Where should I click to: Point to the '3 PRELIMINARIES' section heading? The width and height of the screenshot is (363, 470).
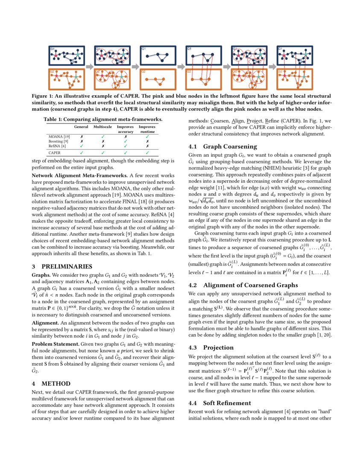point(62,266)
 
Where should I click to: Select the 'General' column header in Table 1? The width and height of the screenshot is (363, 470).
point(81,127)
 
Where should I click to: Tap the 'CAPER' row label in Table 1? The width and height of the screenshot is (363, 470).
point(54,152)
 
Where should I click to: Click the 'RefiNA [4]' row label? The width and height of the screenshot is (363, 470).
point(57,146)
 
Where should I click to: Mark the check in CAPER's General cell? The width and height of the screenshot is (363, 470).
point(81,152)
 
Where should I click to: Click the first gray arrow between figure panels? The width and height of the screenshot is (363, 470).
point(89,66)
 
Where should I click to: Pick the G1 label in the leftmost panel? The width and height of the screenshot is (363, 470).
point(53,49)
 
